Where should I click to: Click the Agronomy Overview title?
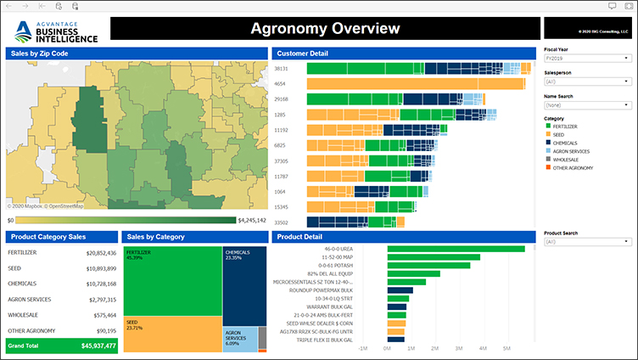pos(325,29)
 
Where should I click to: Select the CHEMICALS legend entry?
pos(566,143)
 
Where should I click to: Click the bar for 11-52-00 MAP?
pos(434,257)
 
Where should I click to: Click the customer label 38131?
pos(282,69)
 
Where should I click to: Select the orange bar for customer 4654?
pos(416,84)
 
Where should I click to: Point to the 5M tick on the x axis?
pos(506,348)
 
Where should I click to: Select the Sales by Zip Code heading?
pos(40,53)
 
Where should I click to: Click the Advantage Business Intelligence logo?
pos(57,31)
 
